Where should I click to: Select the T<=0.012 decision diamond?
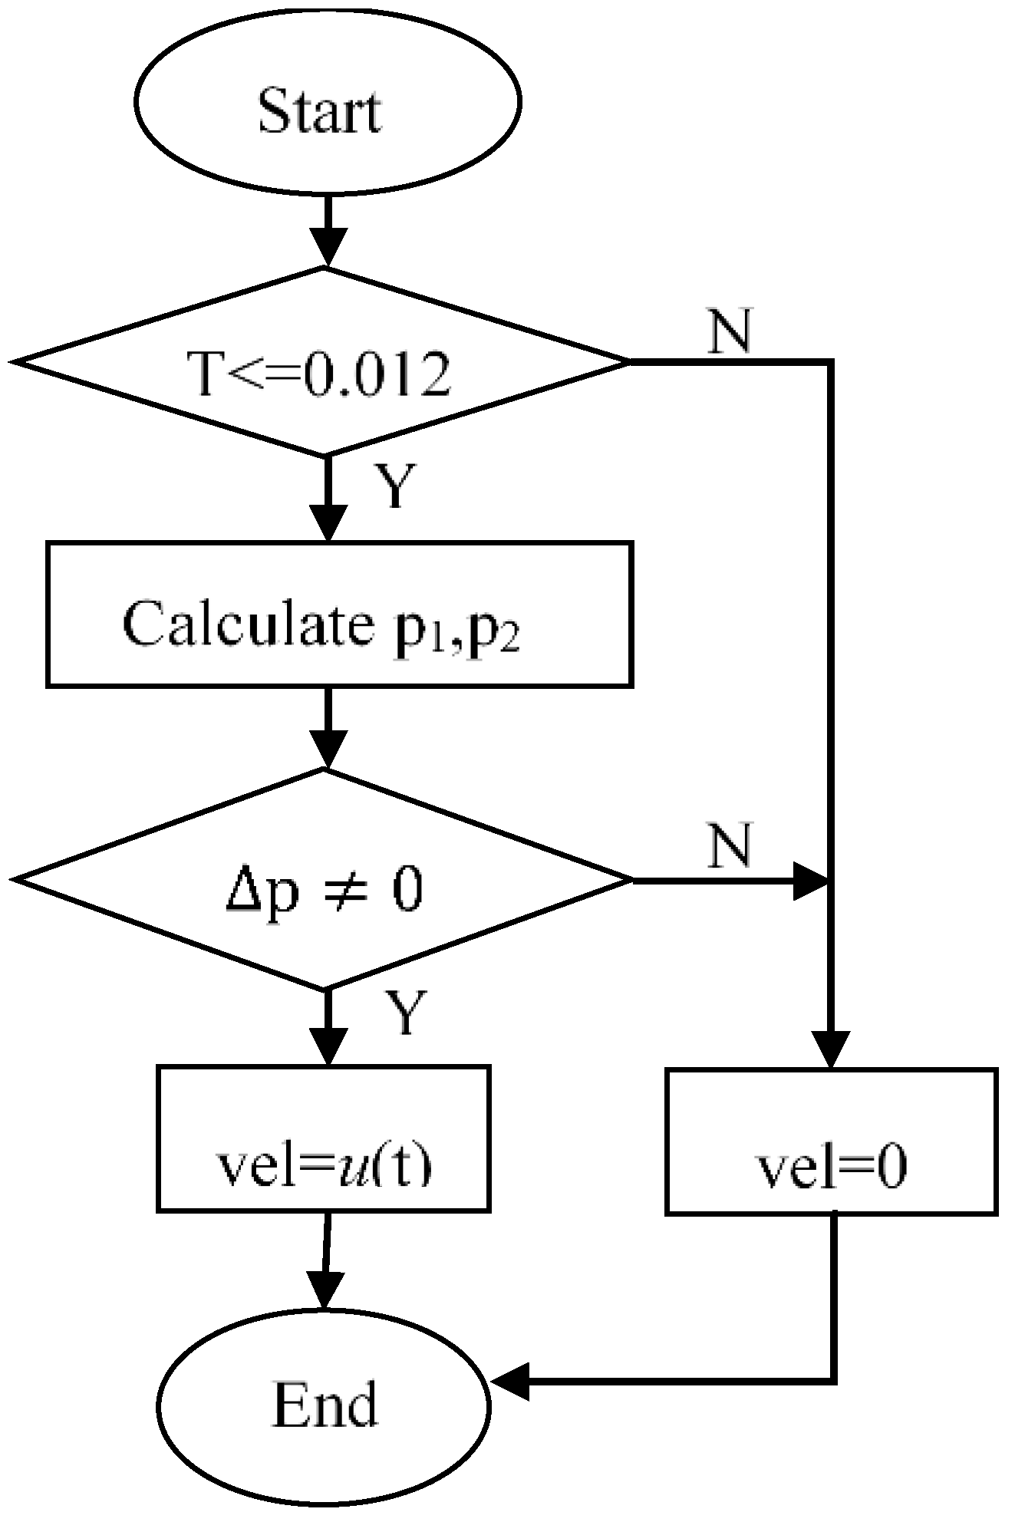(322, 361)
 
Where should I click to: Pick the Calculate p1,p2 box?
(339, 613)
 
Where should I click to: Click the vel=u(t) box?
(323, 1138)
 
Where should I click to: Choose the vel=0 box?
(831, 1141)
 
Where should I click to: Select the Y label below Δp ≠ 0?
(402, 1013)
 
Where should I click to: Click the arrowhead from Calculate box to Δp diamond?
(328, 749)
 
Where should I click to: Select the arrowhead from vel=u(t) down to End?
(325, 1290)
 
